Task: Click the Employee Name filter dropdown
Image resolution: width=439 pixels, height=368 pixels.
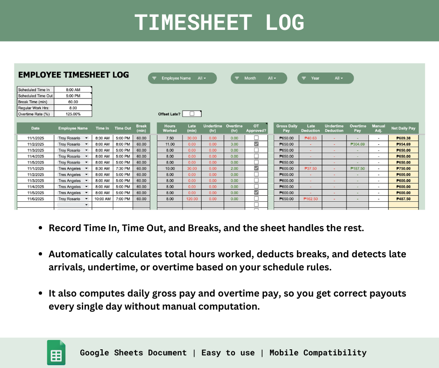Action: pos(182,78)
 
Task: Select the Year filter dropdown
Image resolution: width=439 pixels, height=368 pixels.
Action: pos(326,78)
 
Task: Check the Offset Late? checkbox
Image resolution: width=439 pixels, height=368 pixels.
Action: pos(192,113)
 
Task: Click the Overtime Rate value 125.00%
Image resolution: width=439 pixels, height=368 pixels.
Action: pos(73,114)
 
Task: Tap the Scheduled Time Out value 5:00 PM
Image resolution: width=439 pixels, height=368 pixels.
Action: pos(73,96)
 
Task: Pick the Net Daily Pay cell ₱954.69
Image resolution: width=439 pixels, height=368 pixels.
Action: pos(403,144)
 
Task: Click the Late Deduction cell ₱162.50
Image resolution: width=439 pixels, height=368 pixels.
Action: pos(311,199)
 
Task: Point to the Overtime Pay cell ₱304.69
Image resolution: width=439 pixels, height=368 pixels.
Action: pos(358,144)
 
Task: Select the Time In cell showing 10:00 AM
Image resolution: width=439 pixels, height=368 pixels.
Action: pos(102,199)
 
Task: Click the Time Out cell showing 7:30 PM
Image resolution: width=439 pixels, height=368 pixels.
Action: pos(122,169)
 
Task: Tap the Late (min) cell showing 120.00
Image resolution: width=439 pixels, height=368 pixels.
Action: pos(191,199)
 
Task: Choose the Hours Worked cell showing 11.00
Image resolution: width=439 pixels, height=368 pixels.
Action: pos(170,144)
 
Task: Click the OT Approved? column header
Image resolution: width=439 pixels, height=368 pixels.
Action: pos(256,128)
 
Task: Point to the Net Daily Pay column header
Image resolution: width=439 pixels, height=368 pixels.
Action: pos(403,128)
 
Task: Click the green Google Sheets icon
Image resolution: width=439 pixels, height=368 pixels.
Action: pos(56,353)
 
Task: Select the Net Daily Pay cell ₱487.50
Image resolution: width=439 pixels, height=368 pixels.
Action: pos(403,199)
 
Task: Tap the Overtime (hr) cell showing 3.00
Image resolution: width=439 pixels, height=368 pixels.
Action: pos(234,144)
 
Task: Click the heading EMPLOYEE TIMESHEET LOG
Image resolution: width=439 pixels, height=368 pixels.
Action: pos(73,75)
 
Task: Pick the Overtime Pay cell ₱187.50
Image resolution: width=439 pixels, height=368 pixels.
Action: pos(358,169)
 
